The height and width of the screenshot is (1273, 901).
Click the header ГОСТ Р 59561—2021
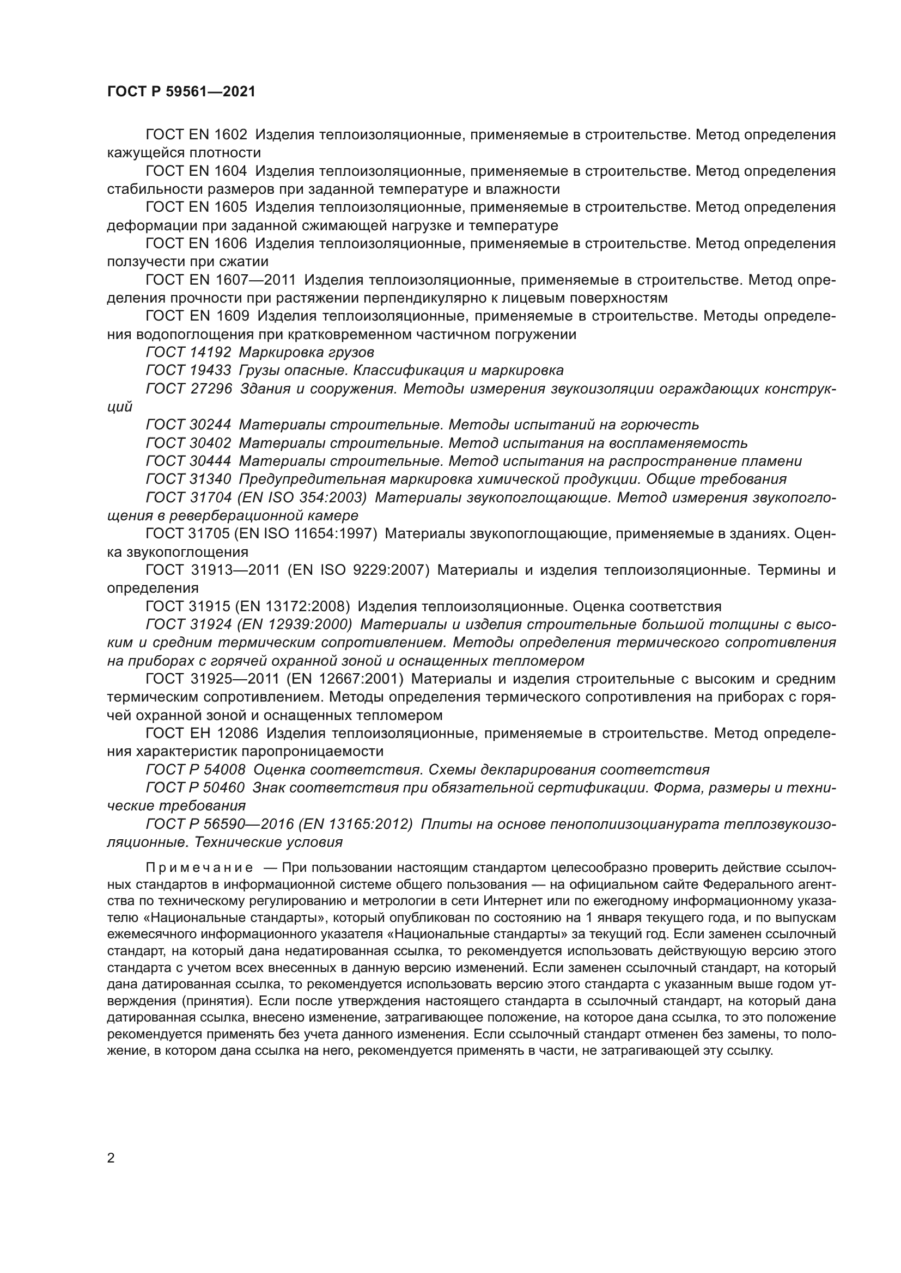coord(181,92)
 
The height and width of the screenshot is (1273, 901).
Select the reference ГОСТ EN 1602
coord(196,135)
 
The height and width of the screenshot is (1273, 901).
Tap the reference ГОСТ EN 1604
coord(196,171)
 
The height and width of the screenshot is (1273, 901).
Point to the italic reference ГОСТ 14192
coord(188,353)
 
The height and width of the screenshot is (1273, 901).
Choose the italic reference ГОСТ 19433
coord(188,371)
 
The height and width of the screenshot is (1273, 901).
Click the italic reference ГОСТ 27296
coord(188,389)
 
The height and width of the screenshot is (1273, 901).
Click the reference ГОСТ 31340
coord(188,479)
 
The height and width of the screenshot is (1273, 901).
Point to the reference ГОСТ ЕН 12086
coord(202,734)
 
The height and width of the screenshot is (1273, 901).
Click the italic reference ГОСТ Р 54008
coord(196,770)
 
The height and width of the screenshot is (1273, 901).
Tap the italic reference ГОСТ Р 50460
coord(196,788)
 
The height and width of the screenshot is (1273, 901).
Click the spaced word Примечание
coord(199,868)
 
